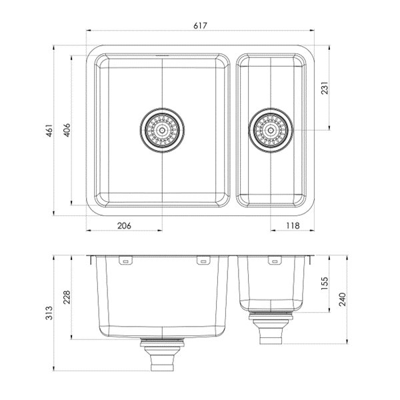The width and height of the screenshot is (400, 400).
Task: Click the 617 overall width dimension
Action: coord(200,25)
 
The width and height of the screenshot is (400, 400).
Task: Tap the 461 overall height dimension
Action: coord(49,131)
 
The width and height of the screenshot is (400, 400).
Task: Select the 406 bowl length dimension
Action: coord(67,130)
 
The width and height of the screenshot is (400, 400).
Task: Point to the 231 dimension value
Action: coord(324,88)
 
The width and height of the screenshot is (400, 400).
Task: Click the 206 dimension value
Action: coord(124,225)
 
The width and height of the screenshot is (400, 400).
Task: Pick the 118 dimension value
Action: coord(293,225)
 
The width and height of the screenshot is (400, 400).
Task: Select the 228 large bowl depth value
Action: coord(67,297)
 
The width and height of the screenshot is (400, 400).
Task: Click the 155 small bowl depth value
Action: coord(324,283)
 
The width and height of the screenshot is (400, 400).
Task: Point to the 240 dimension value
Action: coord(342,299)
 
